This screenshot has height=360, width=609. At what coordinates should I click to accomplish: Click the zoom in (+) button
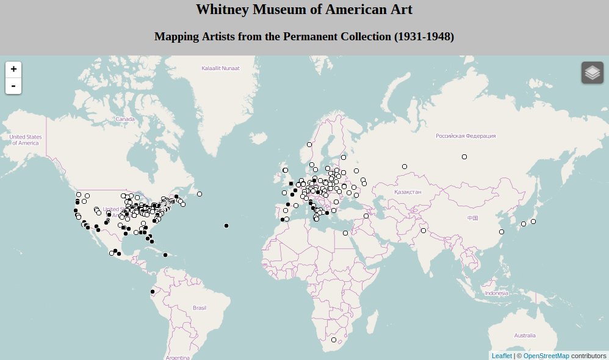tap(13, 70)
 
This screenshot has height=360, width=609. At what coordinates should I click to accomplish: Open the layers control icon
tap(592, 73)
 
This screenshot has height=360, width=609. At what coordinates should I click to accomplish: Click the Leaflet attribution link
tap(502, 356)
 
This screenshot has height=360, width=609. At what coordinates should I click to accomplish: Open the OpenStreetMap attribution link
tap(546, 356)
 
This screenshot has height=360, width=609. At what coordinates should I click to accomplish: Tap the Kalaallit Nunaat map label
tap(220, 68)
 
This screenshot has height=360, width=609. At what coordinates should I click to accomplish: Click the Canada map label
tap(125, 119)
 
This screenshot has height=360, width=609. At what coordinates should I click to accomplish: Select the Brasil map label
tap(200, 308)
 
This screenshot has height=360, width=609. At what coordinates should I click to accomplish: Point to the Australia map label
tap(524, 336)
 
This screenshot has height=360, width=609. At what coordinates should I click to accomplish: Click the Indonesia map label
tap(496, 293)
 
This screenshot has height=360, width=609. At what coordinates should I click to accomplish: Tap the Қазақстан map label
tap(408, 192)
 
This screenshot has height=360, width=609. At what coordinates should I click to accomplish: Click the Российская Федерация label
tap(465, 136)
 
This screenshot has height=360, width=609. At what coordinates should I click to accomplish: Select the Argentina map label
tap(178, 357)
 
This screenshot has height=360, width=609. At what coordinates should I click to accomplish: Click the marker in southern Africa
tap(334, 340)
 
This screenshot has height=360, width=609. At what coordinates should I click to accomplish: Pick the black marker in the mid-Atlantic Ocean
tap(226, 226)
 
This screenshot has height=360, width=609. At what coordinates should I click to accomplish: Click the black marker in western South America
tap(153, 292)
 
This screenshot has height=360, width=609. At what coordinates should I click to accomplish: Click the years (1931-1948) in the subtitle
tap(424, 37)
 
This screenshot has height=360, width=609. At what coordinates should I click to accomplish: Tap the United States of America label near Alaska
tap(25, 140)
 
